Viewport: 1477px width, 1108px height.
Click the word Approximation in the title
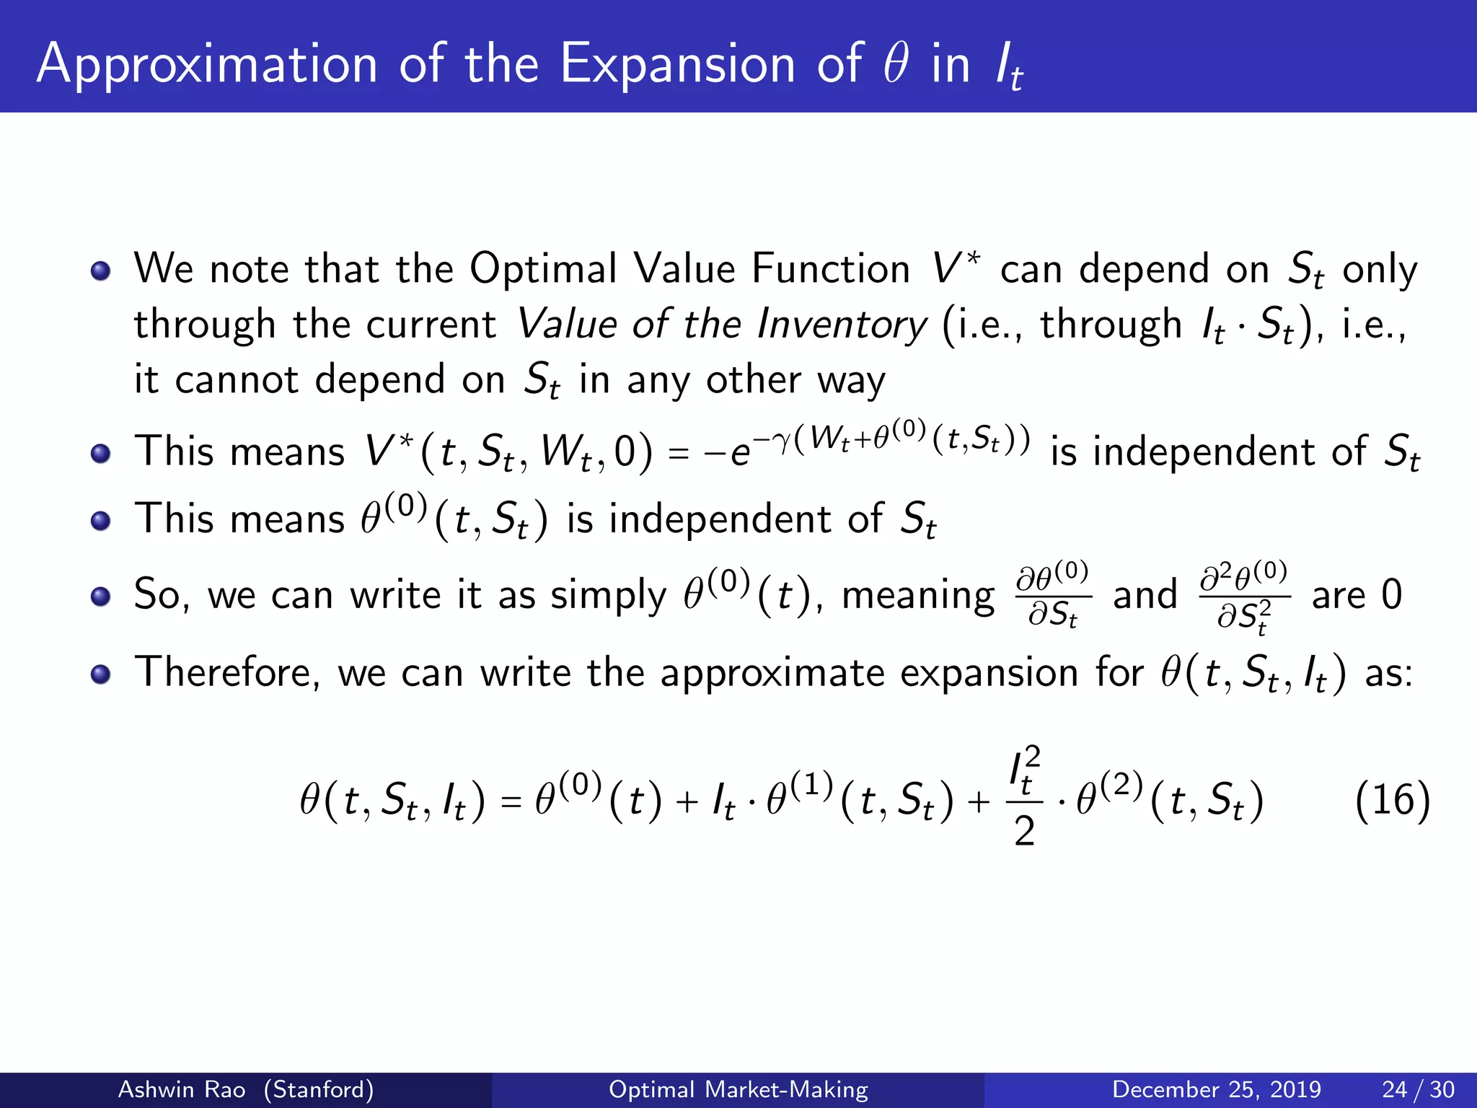pos(207,65)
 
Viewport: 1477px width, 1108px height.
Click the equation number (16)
pos(1392,801)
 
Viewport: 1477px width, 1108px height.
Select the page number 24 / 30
pos(1418,1089)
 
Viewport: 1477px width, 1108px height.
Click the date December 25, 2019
pos(1216,1089)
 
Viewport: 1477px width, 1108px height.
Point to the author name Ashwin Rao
pos(181,1089)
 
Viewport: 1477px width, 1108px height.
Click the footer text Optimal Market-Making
pos(738,1089)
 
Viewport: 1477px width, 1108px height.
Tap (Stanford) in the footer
pos(319,1089)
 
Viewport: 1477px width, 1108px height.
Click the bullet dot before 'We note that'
pos(101,271)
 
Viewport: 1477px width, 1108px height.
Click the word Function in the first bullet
pos(830,270)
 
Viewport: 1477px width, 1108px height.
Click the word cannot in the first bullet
pos(236,380)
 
